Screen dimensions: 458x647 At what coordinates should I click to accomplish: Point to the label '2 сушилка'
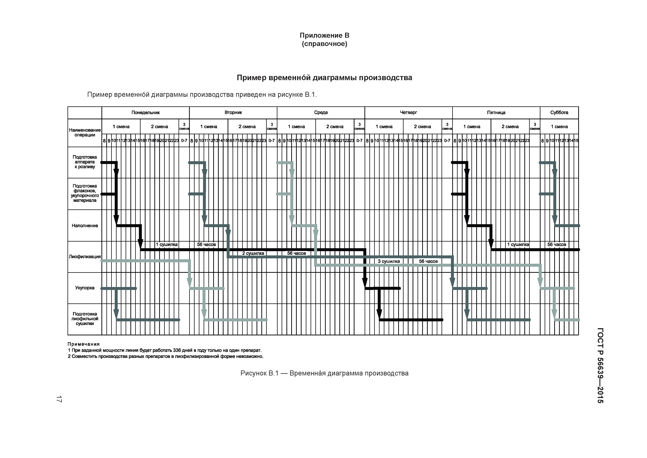click(253, 253)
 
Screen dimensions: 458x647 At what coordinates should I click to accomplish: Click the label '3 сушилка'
click(389, 262)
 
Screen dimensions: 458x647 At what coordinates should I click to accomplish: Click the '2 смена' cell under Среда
click(335, 127)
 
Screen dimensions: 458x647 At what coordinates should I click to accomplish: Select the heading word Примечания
click(84, 344)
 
